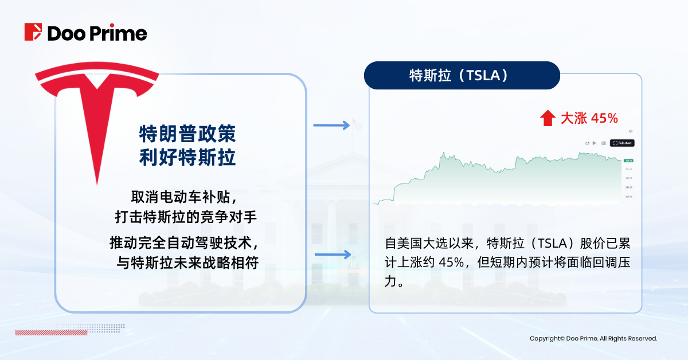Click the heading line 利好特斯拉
coord(187,157)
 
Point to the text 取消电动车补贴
coord(183,197)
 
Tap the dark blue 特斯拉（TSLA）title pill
coord(462,76)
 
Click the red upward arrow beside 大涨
coord(548,119)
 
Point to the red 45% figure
coord(604,119)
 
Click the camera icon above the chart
coord(604,143)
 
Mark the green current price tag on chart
coord(628,161)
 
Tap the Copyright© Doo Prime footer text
coord(593,339)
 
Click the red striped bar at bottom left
coord(51,332)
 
